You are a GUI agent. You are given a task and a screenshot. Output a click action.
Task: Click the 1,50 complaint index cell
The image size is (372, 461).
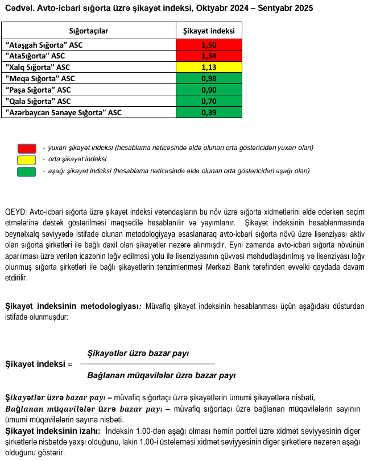coord(209,44)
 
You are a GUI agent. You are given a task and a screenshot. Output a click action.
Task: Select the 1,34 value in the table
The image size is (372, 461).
coord(209,56)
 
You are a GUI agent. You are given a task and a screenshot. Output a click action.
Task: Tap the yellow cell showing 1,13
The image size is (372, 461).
coord(209,67)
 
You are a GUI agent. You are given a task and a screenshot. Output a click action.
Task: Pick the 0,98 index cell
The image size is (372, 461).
coord(209,78)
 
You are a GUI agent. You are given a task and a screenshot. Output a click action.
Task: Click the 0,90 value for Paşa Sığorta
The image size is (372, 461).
coord(209,90)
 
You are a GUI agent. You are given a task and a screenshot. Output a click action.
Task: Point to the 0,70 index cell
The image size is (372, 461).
coord(209,101)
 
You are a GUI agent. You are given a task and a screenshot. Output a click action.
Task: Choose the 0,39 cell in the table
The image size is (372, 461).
coord(209,112)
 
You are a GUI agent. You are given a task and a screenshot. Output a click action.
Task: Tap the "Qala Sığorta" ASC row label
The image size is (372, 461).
coord(38,101)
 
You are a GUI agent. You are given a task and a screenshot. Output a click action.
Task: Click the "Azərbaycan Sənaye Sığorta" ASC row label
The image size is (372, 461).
coord(63,112)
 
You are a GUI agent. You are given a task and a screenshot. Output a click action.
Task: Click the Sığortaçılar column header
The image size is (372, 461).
coord(88,31)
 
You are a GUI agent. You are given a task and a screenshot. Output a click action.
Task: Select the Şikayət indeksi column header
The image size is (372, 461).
coord(209,31)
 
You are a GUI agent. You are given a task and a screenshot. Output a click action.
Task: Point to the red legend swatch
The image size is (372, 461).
coord(27,148)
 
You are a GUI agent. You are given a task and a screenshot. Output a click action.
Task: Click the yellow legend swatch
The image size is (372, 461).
coord(27,160)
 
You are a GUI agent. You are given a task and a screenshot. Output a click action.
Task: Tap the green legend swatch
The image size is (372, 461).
coord(27,171)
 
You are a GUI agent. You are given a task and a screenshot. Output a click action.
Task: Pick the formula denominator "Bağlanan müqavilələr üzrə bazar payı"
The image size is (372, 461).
coord(161,375)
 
